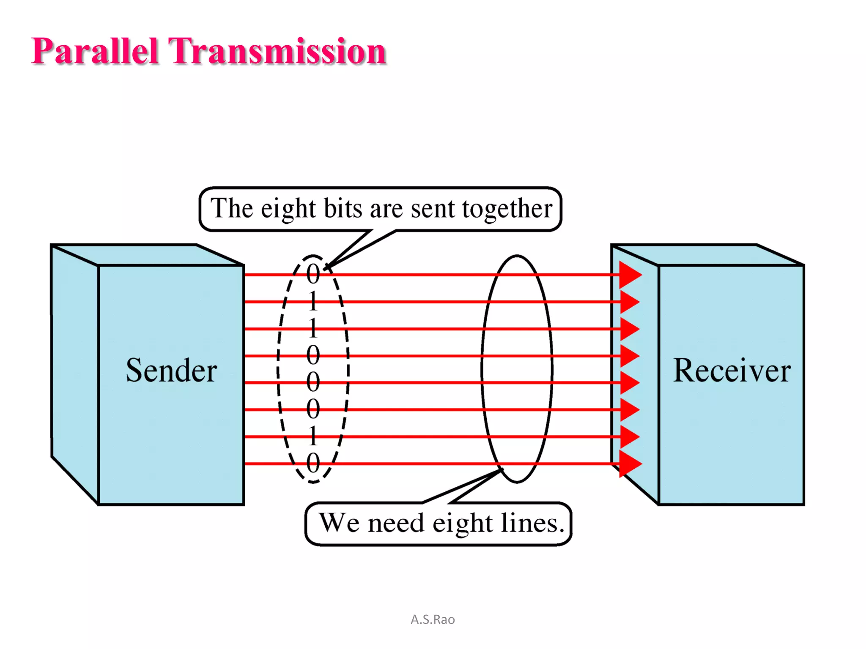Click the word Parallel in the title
[x=95, y=51]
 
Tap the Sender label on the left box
[x=171, y=371]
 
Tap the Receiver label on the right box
[x=732, y=371]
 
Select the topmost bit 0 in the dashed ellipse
[x=313, y=274]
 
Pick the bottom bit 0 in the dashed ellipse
[x=313, y=464]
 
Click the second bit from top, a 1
[x=313, y=301]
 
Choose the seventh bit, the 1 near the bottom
[x=313, y=436]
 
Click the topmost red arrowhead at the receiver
[x=630, y=275]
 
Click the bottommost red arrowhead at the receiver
[x=630, y=464]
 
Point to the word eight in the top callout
[x=288, y=209]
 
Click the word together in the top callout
[x=507, y=209]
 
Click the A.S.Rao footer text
[x=433, y=619]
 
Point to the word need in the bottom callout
[x=396, y=523]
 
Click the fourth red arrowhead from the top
[x=629, y=356]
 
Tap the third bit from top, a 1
[x=313, y=328]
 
